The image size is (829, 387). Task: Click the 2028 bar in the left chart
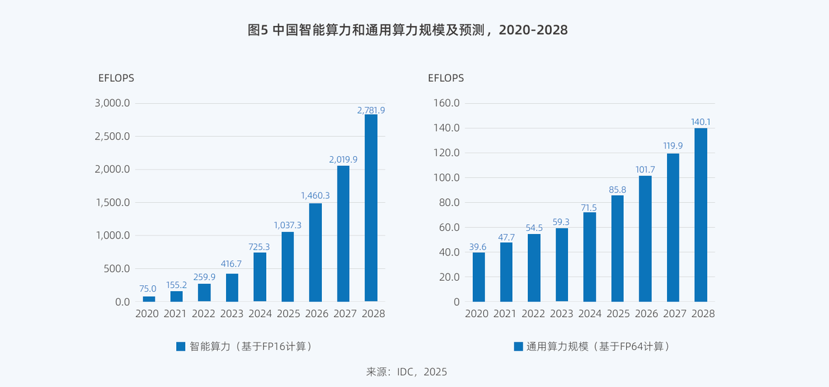click(371, 207)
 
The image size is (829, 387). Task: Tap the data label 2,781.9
click(371, 110)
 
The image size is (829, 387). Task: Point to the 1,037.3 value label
click(288, 225)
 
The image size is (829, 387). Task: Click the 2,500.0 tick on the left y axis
click(113, 136)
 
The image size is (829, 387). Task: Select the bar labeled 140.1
click(701, 215)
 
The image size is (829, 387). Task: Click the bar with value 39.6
click(479, 277)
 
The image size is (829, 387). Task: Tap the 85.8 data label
click(618, 189)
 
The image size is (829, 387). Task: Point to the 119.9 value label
click(673, 147)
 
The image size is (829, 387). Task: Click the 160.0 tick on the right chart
click(446, 103)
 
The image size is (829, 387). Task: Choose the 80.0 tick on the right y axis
click(449, 202)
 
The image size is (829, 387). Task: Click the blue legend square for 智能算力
click(181, 347)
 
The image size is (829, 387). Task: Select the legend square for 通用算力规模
click(518, 347)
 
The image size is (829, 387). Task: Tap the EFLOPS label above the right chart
click(446, 78)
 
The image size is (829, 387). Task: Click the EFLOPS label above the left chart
click(116, 78)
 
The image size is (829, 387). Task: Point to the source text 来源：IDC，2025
click(406, 372)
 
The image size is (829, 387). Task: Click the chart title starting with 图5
click(407, 30)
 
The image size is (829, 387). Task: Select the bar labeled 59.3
click(562, 264)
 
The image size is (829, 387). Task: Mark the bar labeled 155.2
click(176, 296)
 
